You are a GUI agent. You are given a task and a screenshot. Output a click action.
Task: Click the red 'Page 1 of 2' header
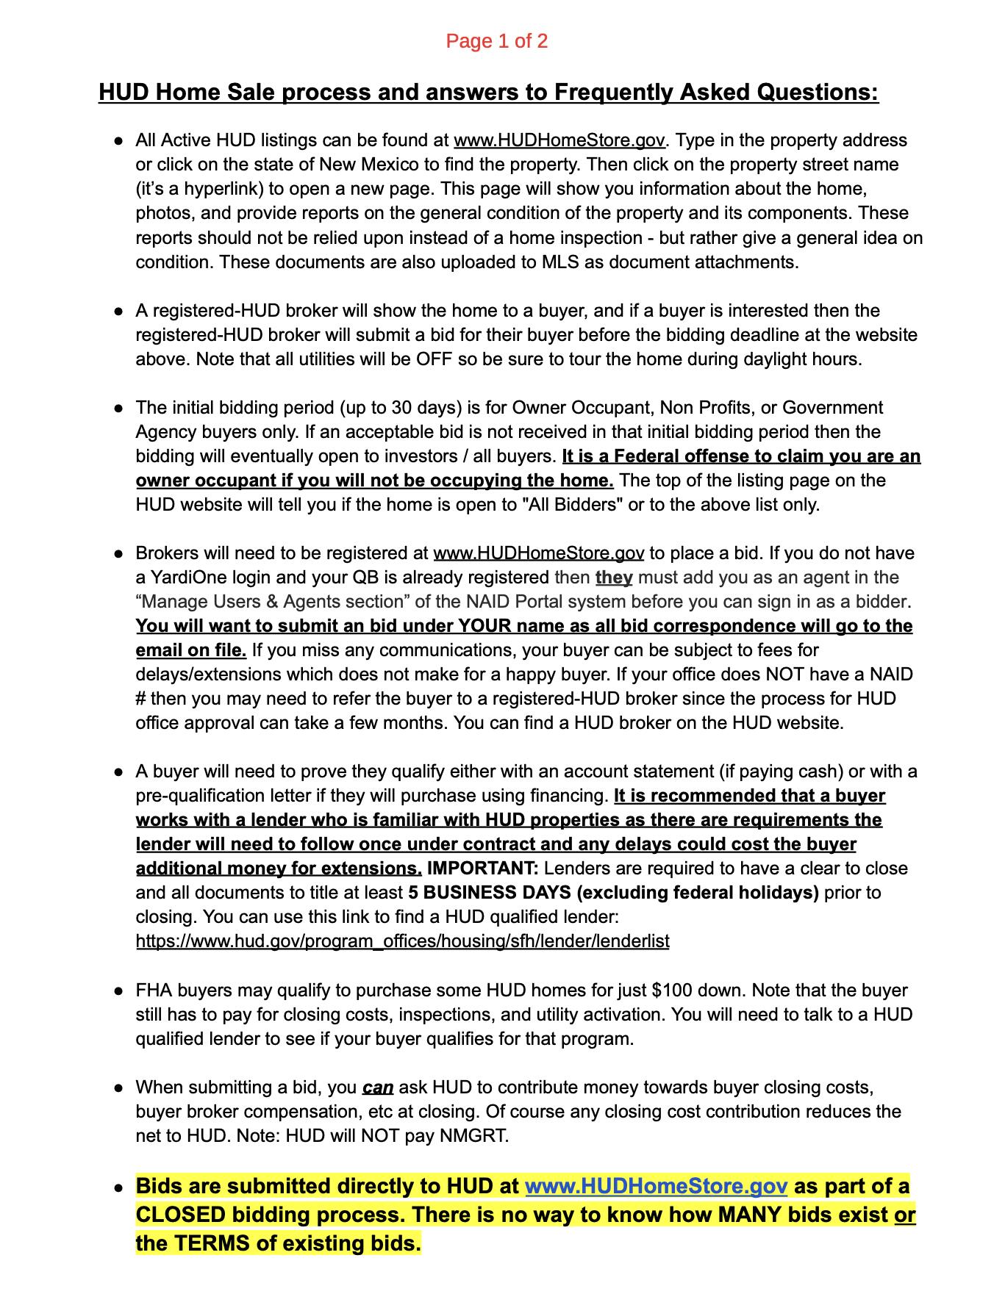496,41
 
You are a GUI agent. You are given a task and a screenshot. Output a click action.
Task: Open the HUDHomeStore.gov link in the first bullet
559,140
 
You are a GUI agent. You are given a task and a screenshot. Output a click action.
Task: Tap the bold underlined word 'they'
614,578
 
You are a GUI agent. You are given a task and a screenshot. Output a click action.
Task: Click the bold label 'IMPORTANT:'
482,869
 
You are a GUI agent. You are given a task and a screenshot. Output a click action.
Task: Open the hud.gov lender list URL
402,941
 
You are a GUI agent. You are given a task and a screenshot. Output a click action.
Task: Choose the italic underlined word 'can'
378,1087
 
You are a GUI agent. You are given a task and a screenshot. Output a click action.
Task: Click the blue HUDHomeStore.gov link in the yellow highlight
657,1187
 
